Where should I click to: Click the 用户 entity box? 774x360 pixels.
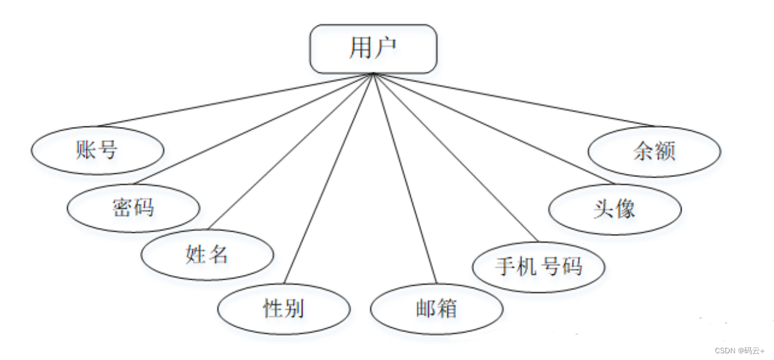point(372,49)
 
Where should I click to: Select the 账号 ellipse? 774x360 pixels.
point(97,150)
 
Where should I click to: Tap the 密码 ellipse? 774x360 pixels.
point(133,208)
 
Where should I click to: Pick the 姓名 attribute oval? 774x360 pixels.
point(207,255)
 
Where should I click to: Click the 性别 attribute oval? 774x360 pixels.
point(284,309)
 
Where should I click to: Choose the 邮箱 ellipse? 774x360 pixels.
point(436,309)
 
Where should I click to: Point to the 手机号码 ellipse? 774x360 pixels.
point(539,266)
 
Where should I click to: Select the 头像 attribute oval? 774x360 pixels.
point(615,209)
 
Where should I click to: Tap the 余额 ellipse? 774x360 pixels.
point(654,151)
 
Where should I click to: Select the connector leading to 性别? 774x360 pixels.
point(329,179)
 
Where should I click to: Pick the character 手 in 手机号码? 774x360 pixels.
point(506,266)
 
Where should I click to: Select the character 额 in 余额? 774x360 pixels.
point(665,151)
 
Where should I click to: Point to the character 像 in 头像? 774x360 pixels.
point(626,209)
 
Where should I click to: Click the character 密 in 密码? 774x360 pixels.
point(122,208)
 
